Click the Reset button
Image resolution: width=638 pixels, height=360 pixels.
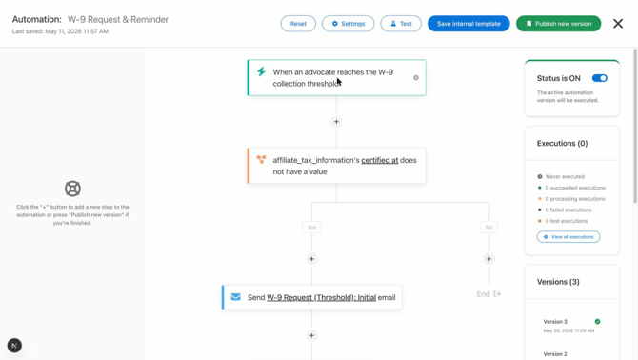click(298, 24)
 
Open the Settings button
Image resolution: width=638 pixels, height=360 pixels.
click(348, 24)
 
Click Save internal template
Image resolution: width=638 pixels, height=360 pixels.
click(469, 24)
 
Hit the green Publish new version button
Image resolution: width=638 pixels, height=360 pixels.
click(558, 24)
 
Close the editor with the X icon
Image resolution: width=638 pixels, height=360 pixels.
click(618, 24)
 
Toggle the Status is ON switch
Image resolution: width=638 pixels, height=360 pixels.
click(599, 78)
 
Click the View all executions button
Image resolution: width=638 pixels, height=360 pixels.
click(568, 237)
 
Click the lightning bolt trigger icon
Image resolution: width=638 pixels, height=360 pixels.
click(261, 72)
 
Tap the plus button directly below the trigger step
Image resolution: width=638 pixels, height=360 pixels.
click(336, 122)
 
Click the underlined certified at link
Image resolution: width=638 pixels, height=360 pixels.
click(380, 160)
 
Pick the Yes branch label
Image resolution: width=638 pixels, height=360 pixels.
click(311, 227)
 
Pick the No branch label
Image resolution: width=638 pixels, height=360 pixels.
click(488, 227)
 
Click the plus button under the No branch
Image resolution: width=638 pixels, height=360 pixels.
click(488, 259)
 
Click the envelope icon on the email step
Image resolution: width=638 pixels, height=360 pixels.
click(235, 297)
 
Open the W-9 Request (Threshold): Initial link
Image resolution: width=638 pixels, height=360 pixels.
click(322, 298)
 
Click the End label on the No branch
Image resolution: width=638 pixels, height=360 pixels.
click(484, 294)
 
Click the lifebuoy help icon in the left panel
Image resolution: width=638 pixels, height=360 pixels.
click(72, 189)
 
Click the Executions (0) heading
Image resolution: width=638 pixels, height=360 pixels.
click(562, 143)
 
